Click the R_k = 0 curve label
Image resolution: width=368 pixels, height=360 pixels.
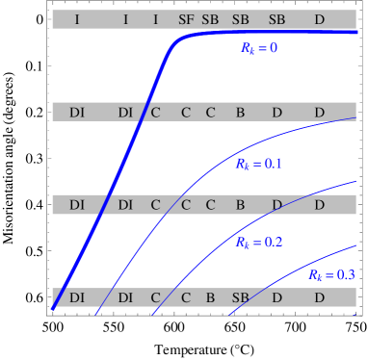click(258, 47)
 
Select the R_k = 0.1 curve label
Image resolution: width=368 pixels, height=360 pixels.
click(258, 165)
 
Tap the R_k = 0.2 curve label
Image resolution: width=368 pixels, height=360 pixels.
click(258, 243)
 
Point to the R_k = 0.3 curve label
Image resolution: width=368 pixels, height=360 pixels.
click(331, 275)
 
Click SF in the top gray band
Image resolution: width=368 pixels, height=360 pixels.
click(186, 19)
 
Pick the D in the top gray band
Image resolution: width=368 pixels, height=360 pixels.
click(319, 19)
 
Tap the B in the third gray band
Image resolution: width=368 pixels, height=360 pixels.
click(240, 205)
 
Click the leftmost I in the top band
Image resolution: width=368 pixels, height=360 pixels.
click(77, 19)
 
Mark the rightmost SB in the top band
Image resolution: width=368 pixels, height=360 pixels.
click(276, 19)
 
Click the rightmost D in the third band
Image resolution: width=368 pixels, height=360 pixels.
click(319, 205)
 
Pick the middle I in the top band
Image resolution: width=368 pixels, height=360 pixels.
click(125, 19)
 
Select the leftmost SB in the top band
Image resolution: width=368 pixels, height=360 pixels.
click(210, 19)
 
